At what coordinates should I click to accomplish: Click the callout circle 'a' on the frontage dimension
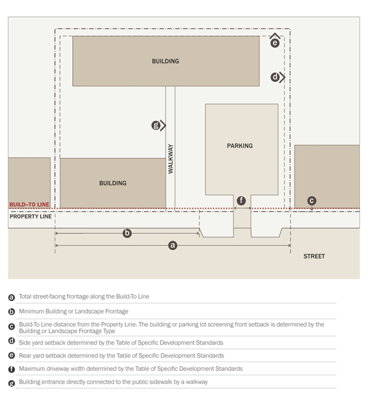(173, 245)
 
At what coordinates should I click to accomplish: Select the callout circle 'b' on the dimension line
(127, 234)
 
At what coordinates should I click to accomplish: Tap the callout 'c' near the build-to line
(312, 201)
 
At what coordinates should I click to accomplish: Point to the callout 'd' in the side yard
(275, 78)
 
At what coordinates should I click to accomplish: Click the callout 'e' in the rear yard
(275, 43)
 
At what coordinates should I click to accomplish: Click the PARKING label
(240, 146)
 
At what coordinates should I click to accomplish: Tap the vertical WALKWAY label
(171, 158)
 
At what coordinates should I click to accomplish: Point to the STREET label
(314, 256)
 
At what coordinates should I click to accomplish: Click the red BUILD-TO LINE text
(29, 205)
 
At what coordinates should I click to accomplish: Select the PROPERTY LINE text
(30, 216)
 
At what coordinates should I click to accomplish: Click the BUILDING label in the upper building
(165, 61)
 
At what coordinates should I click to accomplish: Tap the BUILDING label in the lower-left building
(113, 183)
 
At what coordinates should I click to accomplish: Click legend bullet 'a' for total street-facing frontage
(12, 297)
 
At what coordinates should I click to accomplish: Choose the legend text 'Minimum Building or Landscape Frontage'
(74, 311)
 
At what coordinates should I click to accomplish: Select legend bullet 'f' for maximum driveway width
(12, 369)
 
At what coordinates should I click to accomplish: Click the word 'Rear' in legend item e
(25, 355)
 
